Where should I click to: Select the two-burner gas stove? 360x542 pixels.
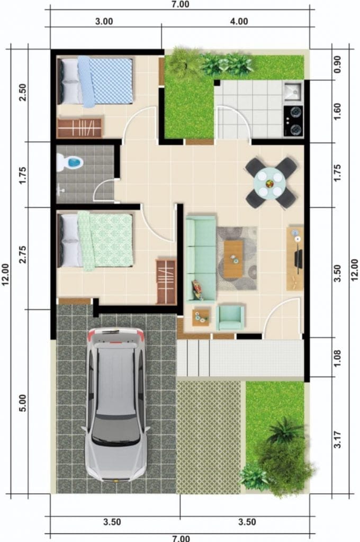pyautogui.click(x=293, y=121)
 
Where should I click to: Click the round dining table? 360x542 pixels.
pyautogui.click(x=271, y=183)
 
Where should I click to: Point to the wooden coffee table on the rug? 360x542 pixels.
pyautogui.click(x=233, y=259)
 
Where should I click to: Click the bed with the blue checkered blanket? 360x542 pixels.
pyautogui.click(x=95, y=81)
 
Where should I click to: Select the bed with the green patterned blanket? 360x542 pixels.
pyautogui.click(x=95, y=241)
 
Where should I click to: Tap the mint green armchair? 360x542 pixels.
pyautogui.click(x=230, y=318)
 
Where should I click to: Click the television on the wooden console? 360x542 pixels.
pyautogui.click(x=298, y=258)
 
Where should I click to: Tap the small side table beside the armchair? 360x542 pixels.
pyautogui.click(x=201, y=317)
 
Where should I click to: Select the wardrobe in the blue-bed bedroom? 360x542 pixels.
pyautogui.click(x=80, y=128)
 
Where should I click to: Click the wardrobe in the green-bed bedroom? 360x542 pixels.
pyautogui.click(x=166, y=282)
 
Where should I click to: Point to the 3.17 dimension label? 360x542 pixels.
pyautogui.click(x=338, y=439)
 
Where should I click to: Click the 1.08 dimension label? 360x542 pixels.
pyautogui.click(x=338, y=358)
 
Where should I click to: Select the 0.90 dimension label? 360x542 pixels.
pyautogui.click(x=338, y=64)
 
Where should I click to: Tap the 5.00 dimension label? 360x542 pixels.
pyautogui.click(x=22, y=402)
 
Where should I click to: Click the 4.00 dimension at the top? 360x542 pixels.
pyautogui.click(x=239, y=21)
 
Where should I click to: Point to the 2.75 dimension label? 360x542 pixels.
pyautogui.click(x=22, y=255)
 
